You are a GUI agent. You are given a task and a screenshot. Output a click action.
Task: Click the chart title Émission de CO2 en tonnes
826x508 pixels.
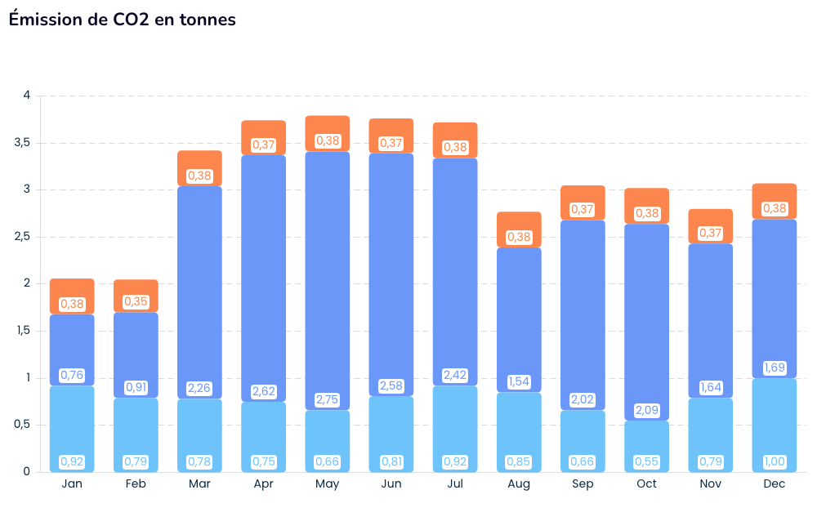click(122, 20)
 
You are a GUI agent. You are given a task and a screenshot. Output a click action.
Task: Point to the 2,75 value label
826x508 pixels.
click(328, 400)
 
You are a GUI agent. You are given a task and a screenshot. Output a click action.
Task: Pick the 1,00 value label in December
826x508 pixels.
click(774, 462)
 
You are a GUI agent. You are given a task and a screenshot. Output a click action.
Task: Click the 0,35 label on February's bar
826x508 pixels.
click(136, 302)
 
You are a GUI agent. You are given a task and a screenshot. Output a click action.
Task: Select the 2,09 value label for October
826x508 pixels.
click(646, 410)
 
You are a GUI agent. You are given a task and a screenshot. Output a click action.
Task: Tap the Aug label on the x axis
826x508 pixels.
click(519, 484)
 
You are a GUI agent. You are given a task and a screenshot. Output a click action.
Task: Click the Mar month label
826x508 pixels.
click(199, 484)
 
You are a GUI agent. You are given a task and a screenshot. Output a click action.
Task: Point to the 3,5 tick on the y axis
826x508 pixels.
click(22, 143)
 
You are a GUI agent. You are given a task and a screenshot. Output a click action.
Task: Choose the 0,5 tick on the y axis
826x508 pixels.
click(22, 425)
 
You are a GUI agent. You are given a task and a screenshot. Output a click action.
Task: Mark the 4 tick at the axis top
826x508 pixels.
click(27, 96)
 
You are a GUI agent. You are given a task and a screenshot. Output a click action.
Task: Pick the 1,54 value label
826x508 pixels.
click(519, 381)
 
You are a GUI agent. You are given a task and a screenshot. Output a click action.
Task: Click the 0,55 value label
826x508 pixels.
click(646, 462)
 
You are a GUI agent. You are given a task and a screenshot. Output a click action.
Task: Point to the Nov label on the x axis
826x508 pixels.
click(710, 484)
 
